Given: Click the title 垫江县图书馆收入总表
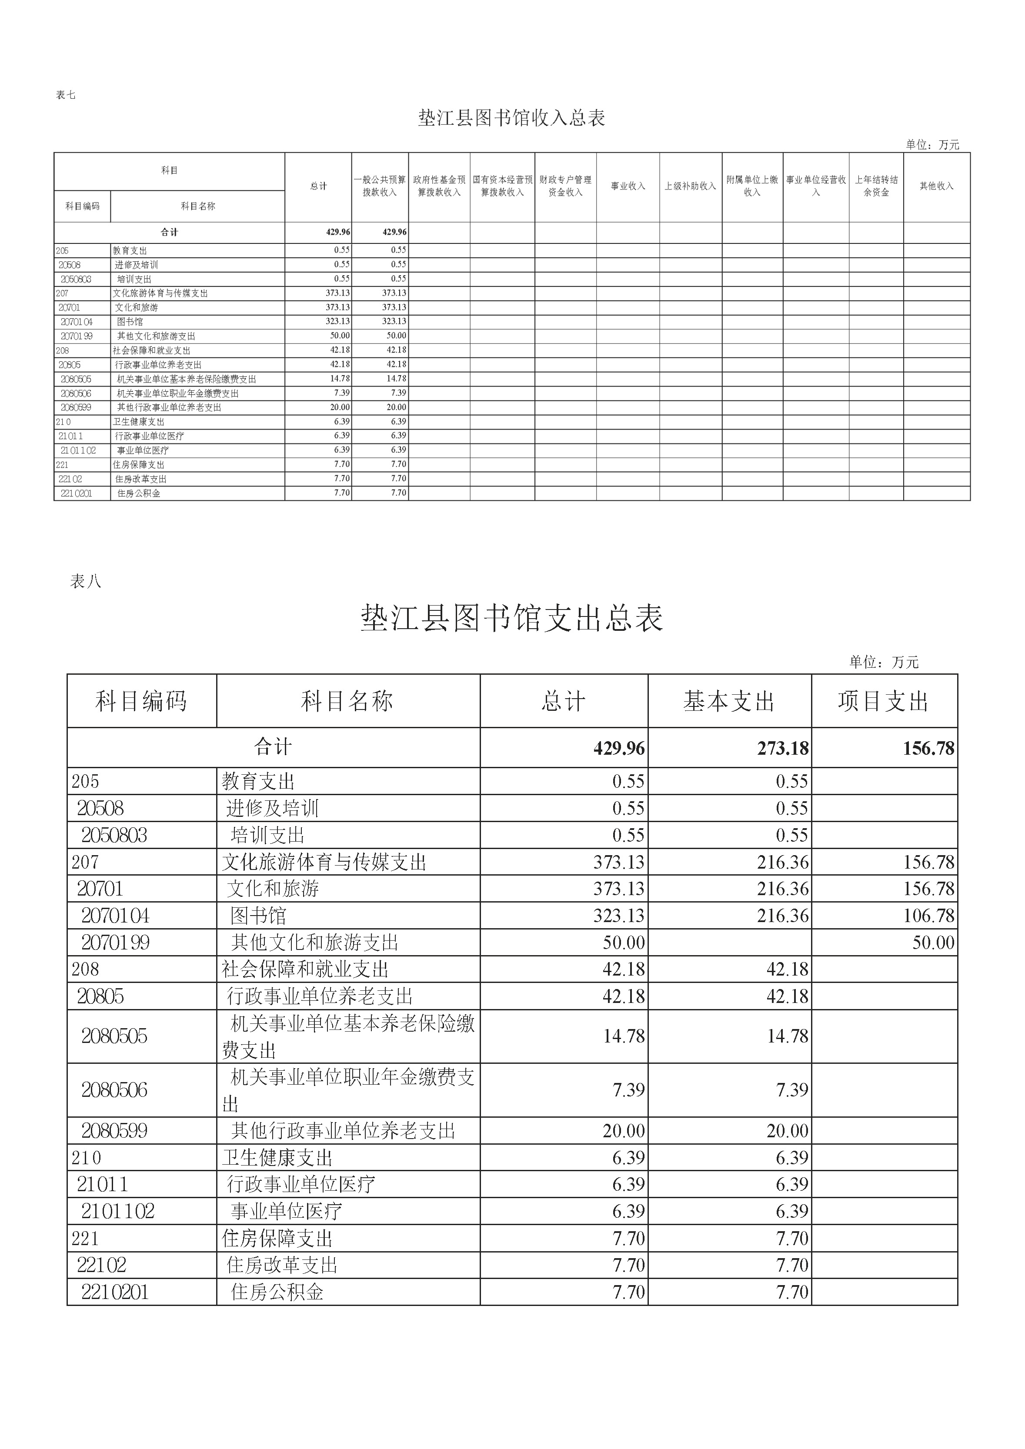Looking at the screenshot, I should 511,118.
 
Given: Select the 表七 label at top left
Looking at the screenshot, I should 66,95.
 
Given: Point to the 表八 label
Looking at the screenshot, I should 85,581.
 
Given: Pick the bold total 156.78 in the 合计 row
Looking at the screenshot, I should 928,749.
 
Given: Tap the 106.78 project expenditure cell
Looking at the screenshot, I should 928,916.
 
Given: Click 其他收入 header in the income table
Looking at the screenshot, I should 936,186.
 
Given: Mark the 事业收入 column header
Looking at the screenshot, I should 628,186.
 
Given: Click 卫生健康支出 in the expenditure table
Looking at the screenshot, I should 277,1158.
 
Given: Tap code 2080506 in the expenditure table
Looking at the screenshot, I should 114,1090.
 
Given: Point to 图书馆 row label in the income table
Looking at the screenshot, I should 130,322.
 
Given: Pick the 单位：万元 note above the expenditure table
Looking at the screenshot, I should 884,662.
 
